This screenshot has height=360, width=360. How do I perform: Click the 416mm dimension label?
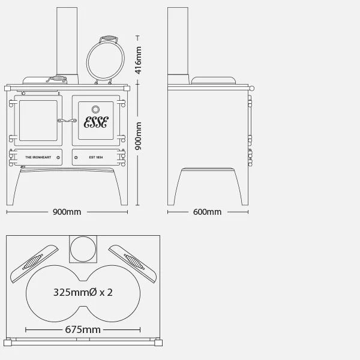click(139, 60)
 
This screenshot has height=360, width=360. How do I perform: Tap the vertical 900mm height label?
click(139, 136)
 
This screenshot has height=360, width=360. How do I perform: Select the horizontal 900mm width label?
click(67, 212)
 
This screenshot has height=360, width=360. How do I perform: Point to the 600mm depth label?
click(208, 212)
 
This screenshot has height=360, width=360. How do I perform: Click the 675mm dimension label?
click(83, 329)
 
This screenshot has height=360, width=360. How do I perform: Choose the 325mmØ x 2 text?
click(83, 292)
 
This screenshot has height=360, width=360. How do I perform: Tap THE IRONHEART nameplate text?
click(37, 157)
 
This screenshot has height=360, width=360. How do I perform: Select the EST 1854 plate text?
click(96, 157)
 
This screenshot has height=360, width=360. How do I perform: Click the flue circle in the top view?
click(83, 249)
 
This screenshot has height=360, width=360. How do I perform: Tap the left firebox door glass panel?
click(38, 121)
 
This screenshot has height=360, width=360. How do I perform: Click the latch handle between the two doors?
click(66, 121)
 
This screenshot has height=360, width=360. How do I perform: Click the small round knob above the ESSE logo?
click(96, 109)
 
